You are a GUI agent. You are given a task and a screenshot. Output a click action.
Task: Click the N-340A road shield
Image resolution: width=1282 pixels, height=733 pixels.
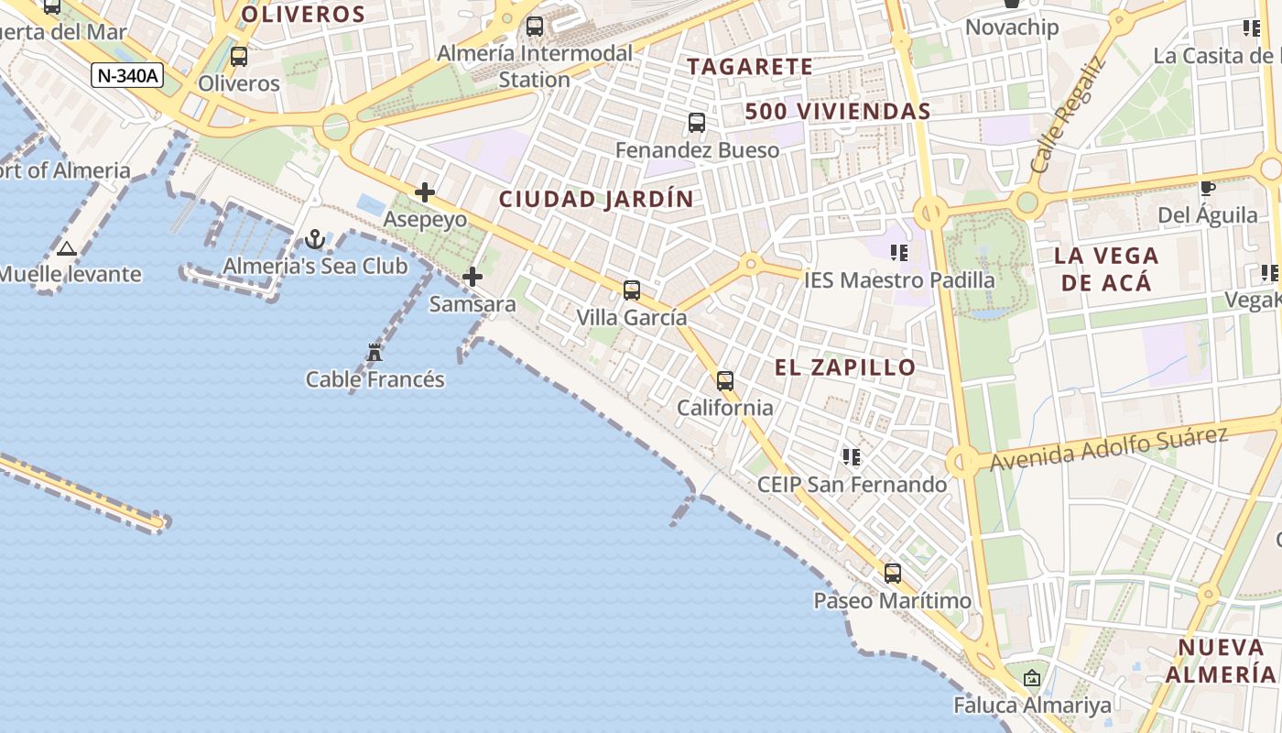127,75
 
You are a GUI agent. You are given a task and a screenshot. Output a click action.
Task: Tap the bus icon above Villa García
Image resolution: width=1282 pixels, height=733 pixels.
632,290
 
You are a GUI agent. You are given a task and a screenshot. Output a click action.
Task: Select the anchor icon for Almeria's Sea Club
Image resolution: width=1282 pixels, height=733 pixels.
315,240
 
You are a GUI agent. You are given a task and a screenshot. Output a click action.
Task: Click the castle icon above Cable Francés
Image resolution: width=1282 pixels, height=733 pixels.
375,352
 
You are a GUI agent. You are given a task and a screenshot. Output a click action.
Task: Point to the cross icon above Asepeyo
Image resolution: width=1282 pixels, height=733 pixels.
425,192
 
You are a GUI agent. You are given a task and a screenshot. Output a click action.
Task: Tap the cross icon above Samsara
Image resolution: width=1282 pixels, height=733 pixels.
473,277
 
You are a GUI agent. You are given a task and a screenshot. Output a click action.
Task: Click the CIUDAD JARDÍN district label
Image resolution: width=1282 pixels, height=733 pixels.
596,199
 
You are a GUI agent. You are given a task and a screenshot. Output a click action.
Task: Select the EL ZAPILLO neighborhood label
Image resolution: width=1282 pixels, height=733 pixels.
845,367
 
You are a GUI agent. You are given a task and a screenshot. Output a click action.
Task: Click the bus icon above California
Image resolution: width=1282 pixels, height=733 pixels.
725,380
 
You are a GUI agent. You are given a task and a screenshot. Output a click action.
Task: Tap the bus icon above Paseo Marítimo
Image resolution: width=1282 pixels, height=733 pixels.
893,574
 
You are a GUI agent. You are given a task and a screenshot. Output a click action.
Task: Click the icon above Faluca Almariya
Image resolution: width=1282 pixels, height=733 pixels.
1032,678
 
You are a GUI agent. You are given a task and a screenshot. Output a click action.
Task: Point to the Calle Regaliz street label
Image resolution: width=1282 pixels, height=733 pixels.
1068,116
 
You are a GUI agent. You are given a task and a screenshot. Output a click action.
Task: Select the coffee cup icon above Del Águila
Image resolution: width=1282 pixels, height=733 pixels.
1208,188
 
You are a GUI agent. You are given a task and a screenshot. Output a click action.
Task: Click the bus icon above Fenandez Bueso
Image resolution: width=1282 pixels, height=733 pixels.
697,122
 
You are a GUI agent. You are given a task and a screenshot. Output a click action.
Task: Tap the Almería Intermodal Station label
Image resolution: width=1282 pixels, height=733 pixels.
535,66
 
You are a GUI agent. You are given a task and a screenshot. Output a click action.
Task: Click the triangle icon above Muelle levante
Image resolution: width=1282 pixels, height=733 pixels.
66,248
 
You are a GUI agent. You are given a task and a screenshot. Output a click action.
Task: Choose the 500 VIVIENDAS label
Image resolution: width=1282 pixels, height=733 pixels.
838,112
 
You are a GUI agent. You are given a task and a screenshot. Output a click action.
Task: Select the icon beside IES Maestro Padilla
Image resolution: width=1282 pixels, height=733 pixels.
898,252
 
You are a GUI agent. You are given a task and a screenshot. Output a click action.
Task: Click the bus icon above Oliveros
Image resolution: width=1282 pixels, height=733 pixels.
239,56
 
